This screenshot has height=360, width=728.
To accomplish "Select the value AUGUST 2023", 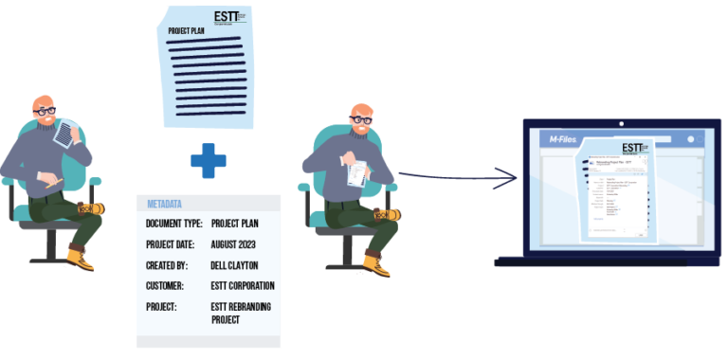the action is [237, 243].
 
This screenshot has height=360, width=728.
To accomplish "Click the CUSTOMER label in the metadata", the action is [165, 285].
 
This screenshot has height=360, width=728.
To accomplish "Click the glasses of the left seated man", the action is [44, 111].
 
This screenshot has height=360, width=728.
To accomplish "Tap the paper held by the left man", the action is [64, 134].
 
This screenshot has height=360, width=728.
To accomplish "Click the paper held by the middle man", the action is [356, 173].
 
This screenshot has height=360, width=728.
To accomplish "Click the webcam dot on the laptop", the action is [623, 123].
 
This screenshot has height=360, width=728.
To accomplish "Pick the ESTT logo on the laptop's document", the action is [631, 149].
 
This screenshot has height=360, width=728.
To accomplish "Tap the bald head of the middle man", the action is [360, 112].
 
